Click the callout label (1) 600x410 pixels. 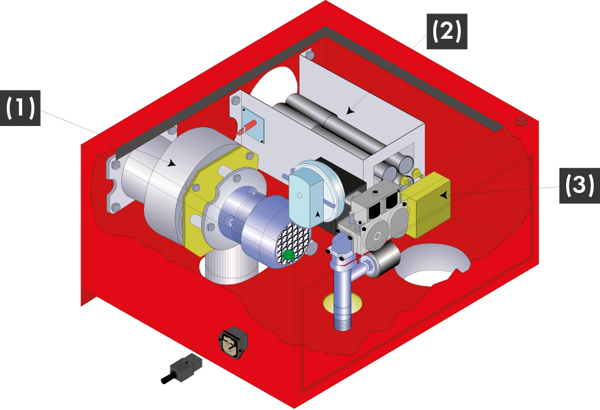point(20,108)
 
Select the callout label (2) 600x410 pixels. point(447,31)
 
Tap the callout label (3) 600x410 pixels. point(580,185)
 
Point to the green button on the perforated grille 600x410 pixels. point(289,254)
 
